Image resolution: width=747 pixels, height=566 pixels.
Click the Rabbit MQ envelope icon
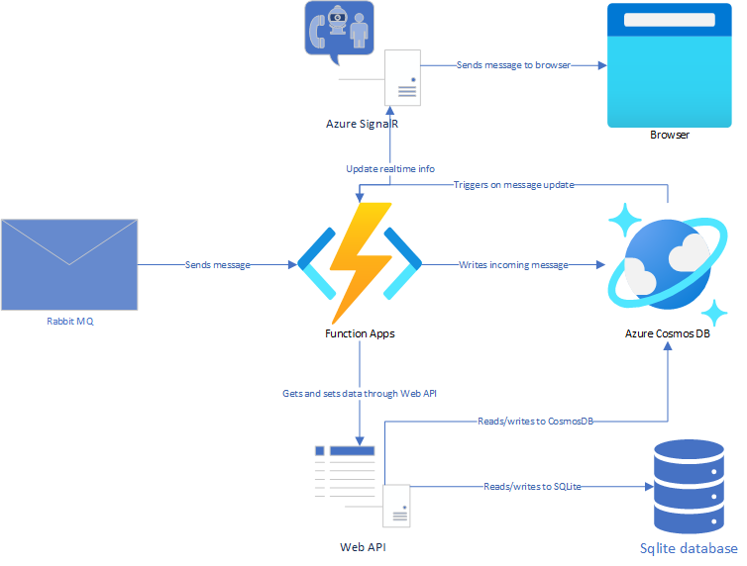[68, 264]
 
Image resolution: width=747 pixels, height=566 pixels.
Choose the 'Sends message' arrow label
[218, 265]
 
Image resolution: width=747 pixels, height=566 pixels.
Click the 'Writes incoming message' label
[513, 265]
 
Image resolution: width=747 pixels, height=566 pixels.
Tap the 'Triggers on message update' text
[513, 185]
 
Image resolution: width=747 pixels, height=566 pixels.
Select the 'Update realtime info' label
[390, 168]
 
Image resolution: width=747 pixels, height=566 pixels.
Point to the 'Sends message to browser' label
[512, 65]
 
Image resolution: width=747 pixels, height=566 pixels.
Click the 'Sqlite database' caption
[689, 549]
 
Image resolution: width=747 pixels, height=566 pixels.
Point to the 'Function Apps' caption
[360, 333]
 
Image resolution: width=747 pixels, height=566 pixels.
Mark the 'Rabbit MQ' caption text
[70, 322]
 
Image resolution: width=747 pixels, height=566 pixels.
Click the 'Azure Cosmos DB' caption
[668, 333]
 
